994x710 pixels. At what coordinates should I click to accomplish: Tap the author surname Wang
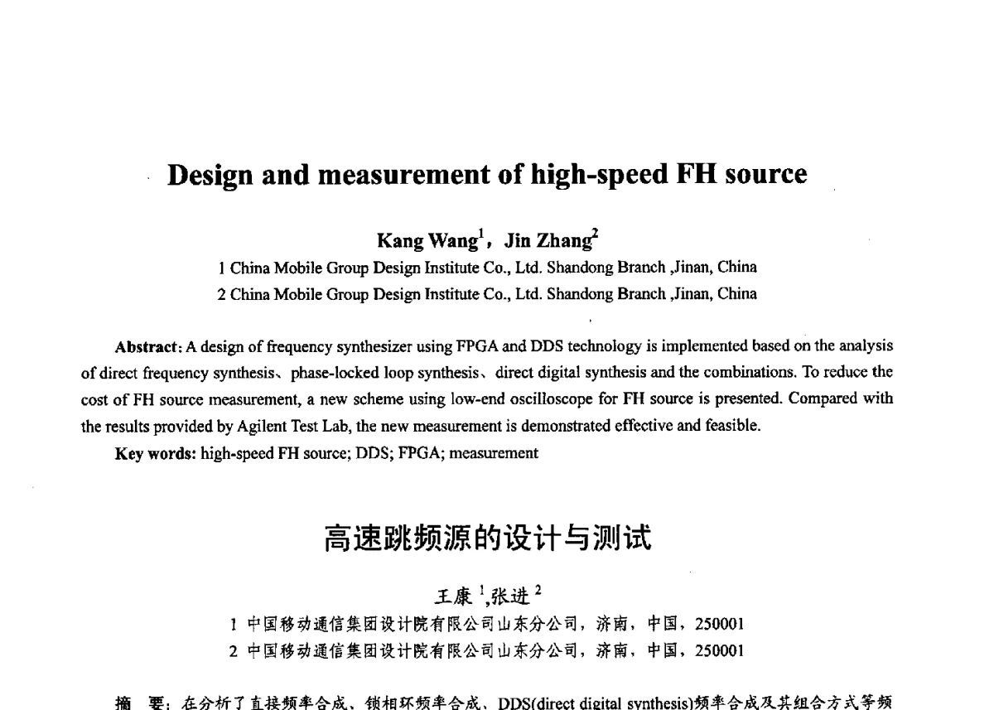pos(453,241)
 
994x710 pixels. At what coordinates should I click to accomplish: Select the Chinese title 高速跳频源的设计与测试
pos(489,539)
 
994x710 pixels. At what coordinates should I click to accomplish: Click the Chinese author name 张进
pos(507,596)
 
